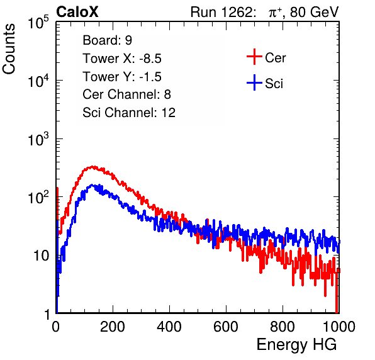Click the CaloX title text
click(77, 12)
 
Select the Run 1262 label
click(221, 12)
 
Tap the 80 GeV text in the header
click(314, 12)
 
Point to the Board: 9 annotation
click(107, 40)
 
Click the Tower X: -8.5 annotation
click(122, 59)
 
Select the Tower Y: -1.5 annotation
click(122, 77)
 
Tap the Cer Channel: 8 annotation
click(126, 94)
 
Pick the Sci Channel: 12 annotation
click(129, 113)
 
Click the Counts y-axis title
click(9, 49)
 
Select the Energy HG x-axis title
click(296, 345)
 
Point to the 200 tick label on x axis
click(113, 327)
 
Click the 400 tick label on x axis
click(169, 327)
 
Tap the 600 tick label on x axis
click(226, 327)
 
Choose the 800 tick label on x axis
click(283, 327)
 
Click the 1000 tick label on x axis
click(339, 327)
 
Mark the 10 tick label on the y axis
click(41, 256)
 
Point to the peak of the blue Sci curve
click(92, 184)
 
